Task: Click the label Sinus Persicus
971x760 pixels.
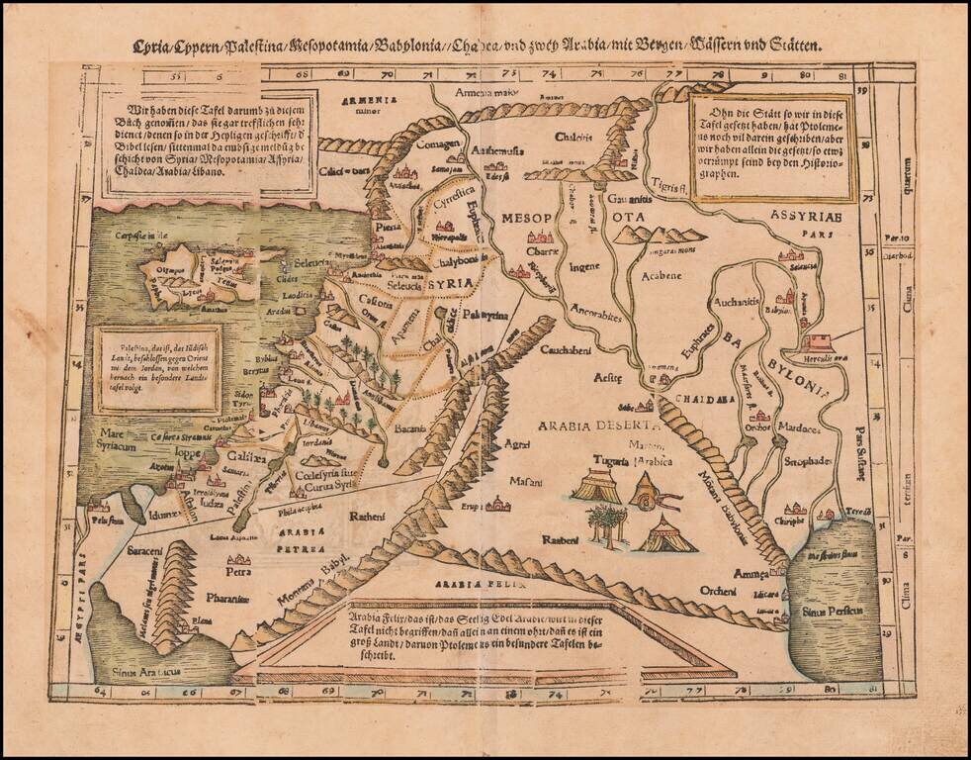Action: (834, 611)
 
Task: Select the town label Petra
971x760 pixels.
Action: (237, 571)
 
